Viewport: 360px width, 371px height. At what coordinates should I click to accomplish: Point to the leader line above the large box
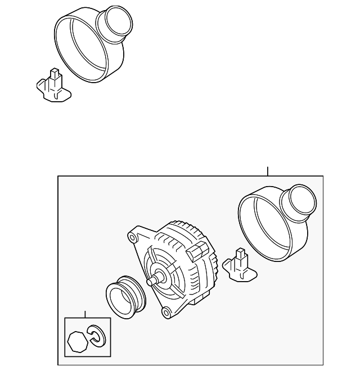[268, 171]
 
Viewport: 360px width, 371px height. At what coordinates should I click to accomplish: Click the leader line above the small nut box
[84, 314]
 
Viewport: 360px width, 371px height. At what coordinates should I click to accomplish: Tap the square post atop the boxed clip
[242, 254]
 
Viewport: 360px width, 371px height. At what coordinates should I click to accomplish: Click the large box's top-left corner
[58, 176]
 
